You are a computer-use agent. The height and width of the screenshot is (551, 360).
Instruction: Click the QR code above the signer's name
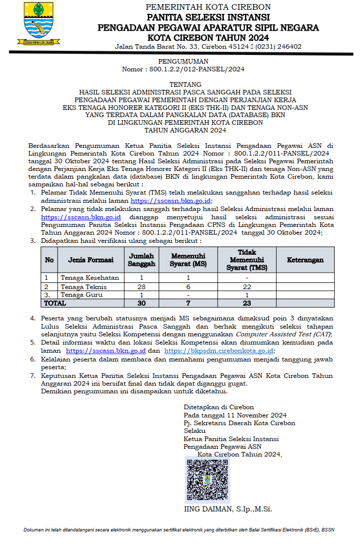pyautogui.click(x=207, y=479)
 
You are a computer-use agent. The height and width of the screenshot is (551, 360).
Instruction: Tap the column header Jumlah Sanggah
pyautogui.click(x=142, y=259)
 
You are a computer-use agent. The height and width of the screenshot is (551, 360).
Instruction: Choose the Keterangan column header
pyautogui.click(x=305, y=260)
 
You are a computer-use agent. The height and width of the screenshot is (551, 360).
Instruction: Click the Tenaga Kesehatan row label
pyautogui.click(x=89, y=278)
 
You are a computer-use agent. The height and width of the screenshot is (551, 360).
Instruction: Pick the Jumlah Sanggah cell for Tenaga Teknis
pyautogui.click(x=142, y=287)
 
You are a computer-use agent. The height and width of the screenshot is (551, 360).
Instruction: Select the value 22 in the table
pyautogui.click(x=247, y=287)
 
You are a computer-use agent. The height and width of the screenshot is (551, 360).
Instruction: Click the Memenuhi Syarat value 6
pyautogui.click(x=188, y=287)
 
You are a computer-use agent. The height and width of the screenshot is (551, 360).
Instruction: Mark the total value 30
pyautogui.click(x=142, y=303)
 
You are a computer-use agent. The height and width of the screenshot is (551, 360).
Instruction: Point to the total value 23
pyautogui.click(x=247, y=303)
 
